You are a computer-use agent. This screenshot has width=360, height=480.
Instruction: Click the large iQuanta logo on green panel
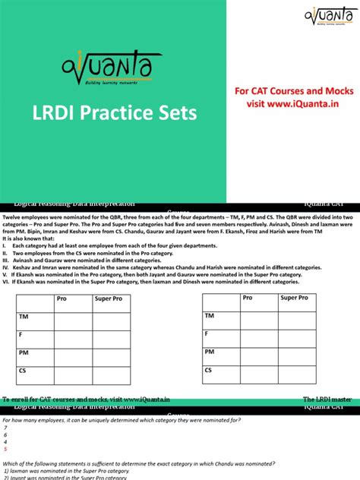click(x=112, y=67)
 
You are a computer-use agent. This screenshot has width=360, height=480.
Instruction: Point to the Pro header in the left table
click(x=62, y=299)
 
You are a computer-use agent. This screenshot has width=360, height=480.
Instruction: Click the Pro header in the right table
click(x=248, y=298)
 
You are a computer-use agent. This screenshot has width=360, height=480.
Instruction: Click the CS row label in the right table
click(x=209, y=371)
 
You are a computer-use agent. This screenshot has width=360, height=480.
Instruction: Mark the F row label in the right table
click(x=206, y=334)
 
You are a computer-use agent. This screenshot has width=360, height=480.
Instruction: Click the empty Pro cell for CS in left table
click(x=71, y=373)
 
